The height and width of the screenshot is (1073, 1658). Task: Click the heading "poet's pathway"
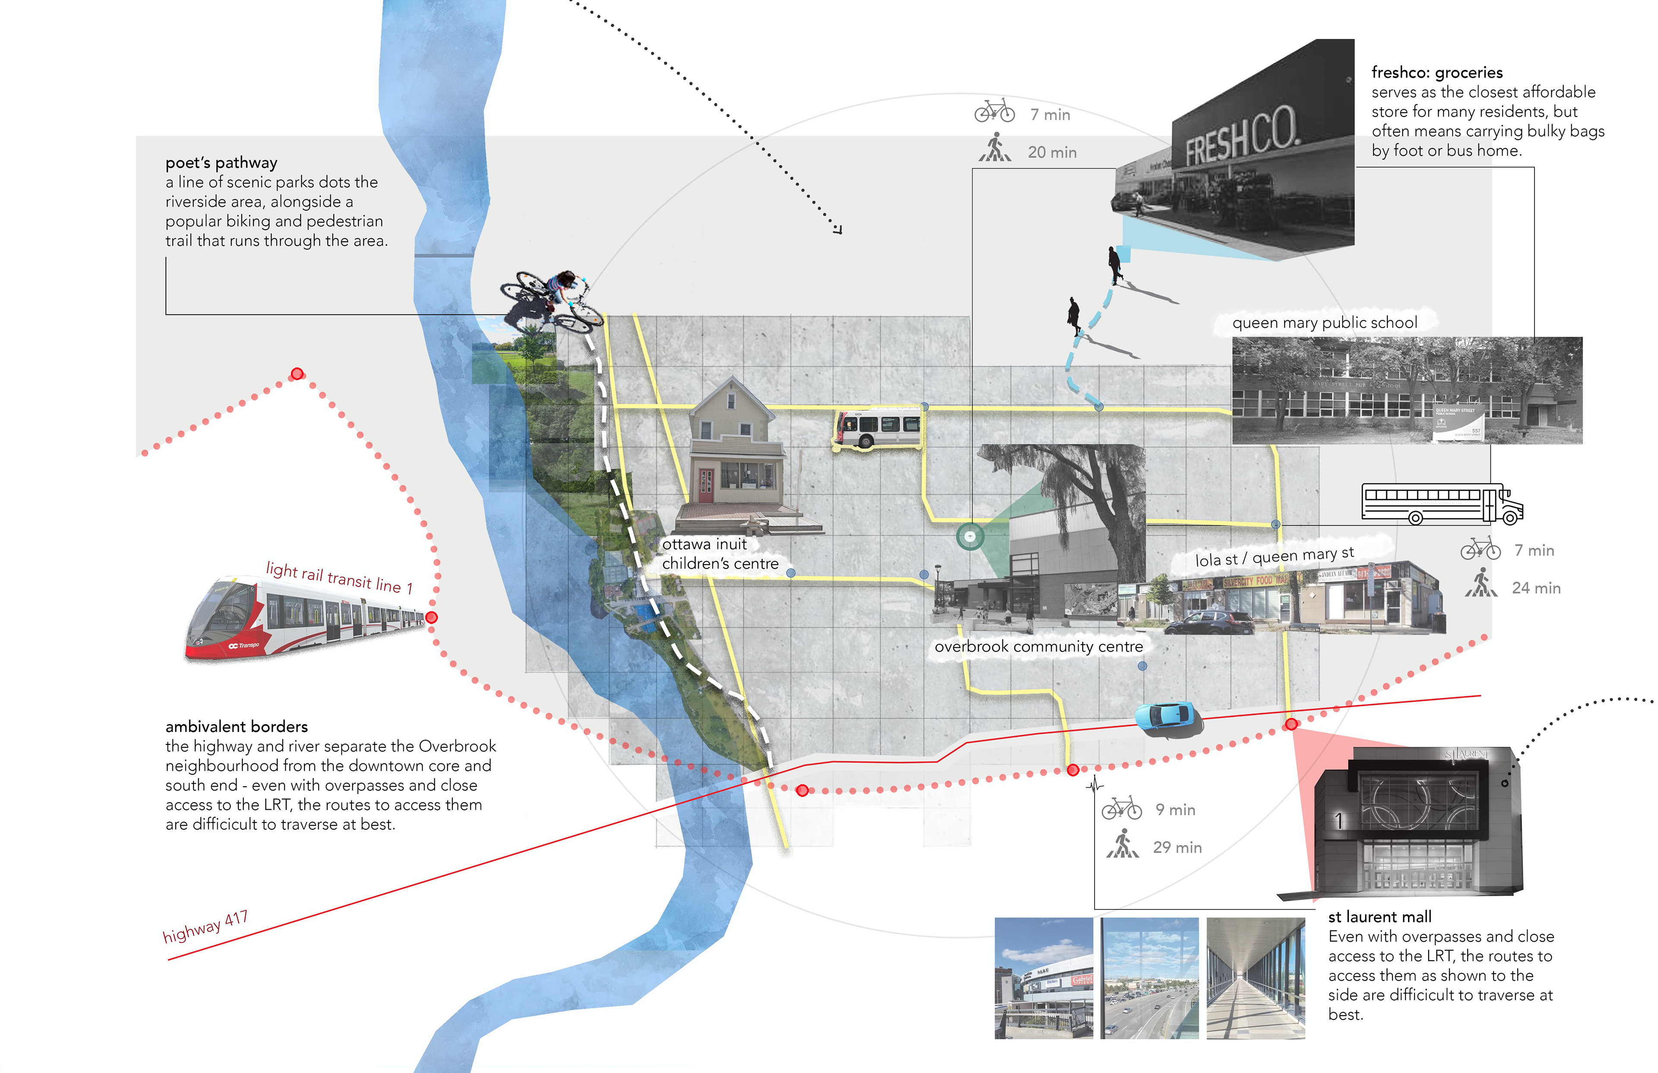(x=221, y=162)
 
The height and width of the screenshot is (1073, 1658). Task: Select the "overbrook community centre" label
(x=1038, y=646)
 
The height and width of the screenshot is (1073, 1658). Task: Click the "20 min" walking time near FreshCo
(x=1052, y=152)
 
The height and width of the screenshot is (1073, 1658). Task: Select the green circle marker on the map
(x=970, y=536)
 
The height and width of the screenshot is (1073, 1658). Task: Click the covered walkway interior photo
(x=1255, y=978)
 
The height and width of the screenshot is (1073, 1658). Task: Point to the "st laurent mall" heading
(x=1380, y=917)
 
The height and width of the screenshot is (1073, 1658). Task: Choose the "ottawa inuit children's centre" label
(x=720, y=554)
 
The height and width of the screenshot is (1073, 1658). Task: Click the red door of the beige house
(x=706, y=486)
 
